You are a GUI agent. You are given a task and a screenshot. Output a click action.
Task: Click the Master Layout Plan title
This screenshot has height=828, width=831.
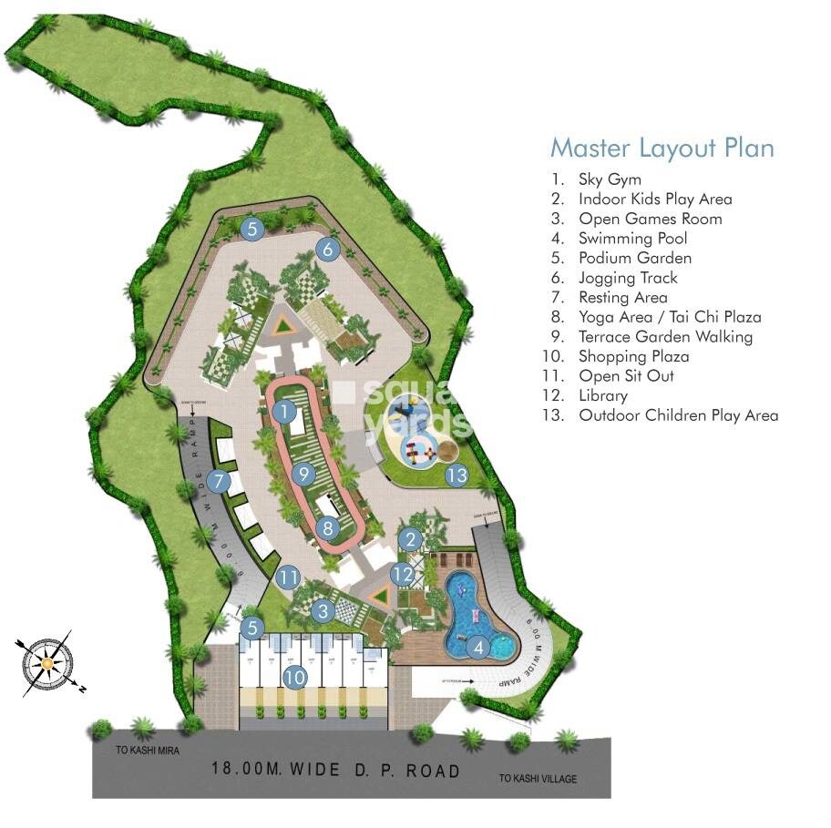pyautogui.click(x=662, y=148)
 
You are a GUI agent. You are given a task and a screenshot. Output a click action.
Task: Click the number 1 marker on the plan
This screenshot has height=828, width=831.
pyautogui.click(x=285, y=412)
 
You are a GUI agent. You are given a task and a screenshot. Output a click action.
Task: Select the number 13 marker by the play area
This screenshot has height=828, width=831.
pyautogui.click(x=457, y=475)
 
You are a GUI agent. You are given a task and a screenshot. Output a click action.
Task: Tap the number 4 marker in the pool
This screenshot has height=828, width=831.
pyautogui.click(x=478, y=648)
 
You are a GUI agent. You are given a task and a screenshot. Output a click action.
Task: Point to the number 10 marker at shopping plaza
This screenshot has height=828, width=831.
pyautogui.click(x=293, y=677)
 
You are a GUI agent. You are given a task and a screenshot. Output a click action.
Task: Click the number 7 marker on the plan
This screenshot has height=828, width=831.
pyautogui.click(x=217, y=480)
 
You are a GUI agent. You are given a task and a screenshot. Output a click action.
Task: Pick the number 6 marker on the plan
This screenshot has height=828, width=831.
pyautogui.click(x=329, y=248)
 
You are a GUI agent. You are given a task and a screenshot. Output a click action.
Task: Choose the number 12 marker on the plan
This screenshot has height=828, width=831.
pyautogui.click(x=403, y=574)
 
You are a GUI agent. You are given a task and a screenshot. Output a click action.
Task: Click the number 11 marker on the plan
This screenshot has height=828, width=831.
pyautogui.click(x=289, y=577)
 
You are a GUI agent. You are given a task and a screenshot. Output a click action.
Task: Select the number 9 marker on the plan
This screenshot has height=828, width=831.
pyautogui.click(x=305, y=474)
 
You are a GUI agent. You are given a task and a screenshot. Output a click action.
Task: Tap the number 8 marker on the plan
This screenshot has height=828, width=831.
pyautogui.click(x=329, y=526)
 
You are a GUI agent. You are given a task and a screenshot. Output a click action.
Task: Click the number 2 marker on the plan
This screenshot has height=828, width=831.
pyautogui.click(x=411, y=539)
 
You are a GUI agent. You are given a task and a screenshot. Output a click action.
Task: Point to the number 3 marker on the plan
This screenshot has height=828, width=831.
pyautogui.click(x=323, y=612)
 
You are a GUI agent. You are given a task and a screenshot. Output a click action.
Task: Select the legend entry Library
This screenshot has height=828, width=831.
pyautogui.click(x=602, y=395)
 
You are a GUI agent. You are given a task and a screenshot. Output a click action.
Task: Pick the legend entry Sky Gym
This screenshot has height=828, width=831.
pyautogui.click(x=609, y=179)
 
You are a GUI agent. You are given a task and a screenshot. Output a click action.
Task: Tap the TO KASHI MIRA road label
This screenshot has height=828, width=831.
pyautogui.click(x=149, y=751)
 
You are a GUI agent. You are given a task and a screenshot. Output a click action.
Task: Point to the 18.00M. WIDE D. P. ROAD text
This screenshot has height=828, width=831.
pyautogui.click(x=335, y=771)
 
